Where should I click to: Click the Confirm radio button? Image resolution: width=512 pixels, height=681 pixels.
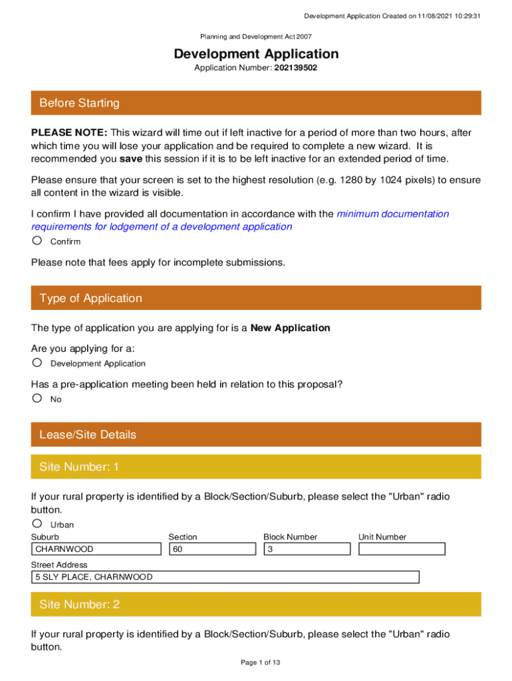click(x=37, y=241)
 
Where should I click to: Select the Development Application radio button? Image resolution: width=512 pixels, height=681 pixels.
click(x=37, y=362)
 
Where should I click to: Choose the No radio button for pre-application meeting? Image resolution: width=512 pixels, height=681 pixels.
click(x=37, y=398)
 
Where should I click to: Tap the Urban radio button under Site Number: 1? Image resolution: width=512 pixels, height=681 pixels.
click(x=37, y=524)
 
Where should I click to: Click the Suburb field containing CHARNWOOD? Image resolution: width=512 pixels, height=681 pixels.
click(x=96, y=549)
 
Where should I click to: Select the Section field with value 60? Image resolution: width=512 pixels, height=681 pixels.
click(x=212, y=549)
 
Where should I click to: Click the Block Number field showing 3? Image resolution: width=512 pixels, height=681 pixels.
click(x=307, y=549)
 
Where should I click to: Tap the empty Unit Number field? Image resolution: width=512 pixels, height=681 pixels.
click(x=402, y=549)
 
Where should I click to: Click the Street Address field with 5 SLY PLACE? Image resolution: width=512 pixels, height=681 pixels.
click(x=225, y=577)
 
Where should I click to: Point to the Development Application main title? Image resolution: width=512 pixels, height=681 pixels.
click(x=256, y=54)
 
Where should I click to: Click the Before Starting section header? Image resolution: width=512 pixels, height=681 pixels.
click(x=256, y=103)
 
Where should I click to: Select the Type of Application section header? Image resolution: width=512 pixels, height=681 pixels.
click(x=256, y=298)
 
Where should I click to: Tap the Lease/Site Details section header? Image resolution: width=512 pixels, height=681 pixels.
click(x=256, y=435)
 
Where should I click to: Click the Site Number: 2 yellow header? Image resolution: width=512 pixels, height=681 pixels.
click(x=256, y=605)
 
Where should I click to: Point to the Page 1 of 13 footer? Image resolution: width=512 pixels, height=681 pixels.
click(x=256, y=662)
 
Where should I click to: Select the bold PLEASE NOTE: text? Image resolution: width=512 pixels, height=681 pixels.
click(x=69, y=133)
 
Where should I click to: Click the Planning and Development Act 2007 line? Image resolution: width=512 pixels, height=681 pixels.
click(x=256, y=37)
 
